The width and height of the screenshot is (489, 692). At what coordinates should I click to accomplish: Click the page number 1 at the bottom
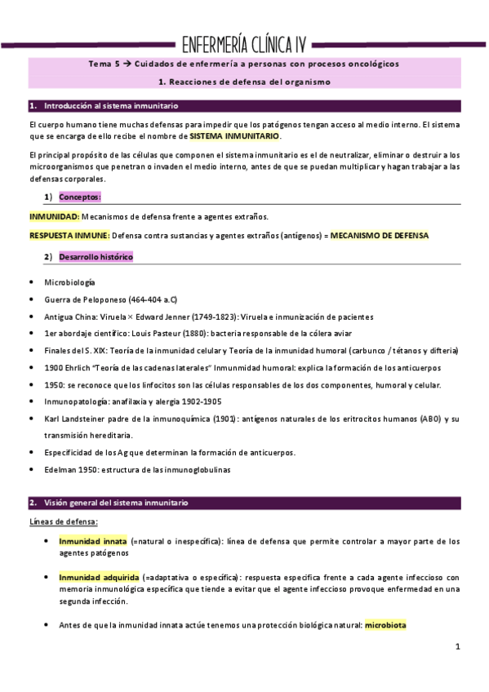[458, 647]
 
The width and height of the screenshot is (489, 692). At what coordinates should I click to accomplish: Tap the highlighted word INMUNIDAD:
[55, 216]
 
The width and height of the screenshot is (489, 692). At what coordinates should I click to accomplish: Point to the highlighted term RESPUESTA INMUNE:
[69, 235]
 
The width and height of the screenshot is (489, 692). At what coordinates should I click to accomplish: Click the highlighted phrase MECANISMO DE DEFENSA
[379, 235]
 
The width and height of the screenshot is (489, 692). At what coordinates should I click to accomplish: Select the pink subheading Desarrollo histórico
[96, 257]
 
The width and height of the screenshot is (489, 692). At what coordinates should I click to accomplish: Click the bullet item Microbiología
[69, 282]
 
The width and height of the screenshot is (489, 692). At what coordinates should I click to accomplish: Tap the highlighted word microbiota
[386, 625]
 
